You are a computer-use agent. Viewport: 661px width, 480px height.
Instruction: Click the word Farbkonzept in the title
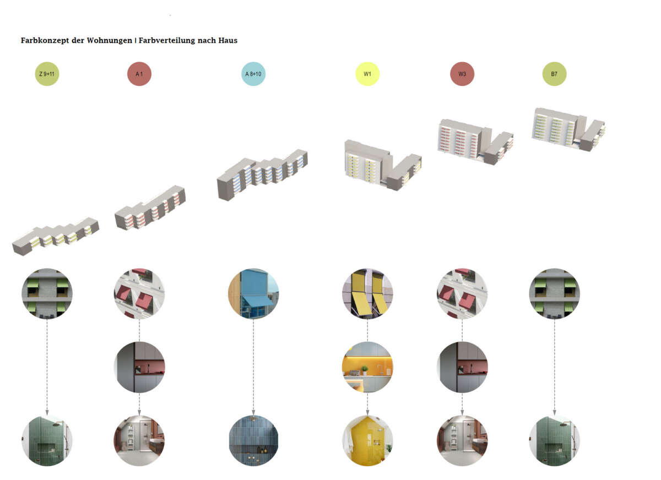(46, 41)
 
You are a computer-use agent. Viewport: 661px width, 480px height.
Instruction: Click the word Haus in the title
(226, 41)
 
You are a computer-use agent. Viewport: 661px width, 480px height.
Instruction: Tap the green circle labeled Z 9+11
(47, 74)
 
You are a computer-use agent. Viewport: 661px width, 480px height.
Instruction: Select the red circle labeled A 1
(139, 74)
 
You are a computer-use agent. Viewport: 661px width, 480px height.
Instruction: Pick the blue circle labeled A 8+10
(253, 74)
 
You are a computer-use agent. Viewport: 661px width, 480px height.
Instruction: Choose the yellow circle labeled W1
(367, 74)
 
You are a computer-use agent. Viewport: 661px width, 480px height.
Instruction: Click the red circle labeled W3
(462, 74)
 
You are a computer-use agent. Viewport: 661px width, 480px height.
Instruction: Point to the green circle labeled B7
(554, 74)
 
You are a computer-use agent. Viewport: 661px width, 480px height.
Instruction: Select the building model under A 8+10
(262, 173)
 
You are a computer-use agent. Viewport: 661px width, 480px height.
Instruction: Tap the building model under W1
(383, 162)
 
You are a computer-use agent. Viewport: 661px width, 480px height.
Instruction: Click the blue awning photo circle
(253, 293)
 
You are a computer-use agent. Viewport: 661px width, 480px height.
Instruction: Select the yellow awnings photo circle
(367, 293)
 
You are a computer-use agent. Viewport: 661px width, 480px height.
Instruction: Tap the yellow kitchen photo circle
(367, 367)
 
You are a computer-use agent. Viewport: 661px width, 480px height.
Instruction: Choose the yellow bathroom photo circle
(367, 440)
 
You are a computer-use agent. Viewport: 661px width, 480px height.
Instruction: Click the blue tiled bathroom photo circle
(253, 440)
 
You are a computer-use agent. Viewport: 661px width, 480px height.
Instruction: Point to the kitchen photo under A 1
(139, 367)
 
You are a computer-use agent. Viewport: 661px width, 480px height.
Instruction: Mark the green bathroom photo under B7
(554, 440)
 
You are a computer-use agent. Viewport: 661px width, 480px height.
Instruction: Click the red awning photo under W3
(462, 293)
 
